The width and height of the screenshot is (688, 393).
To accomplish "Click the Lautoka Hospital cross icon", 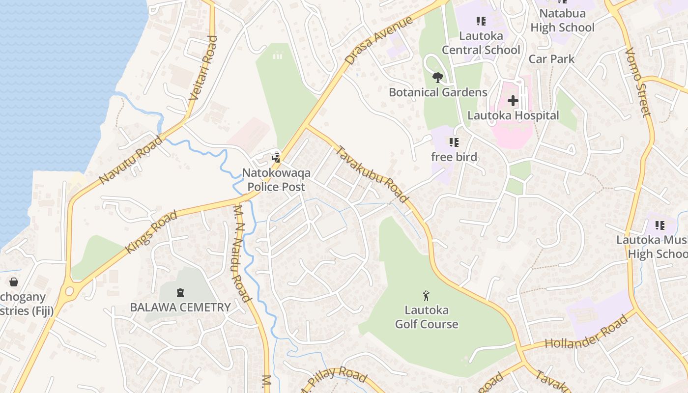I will pyautogui.click(x=513, y=101).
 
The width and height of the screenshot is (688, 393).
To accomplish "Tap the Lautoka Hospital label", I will pyautogui.click(x=513, y=115).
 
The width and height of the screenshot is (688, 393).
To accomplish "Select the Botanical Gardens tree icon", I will pyautogui.click(x=437, y=78).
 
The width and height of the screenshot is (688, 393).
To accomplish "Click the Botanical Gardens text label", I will pyautogui.click(x=438, y=92).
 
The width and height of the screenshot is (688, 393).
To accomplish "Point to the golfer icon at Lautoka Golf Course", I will pyautogui.click(x=426, y=296).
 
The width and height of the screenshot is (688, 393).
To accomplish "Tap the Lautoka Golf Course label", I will pyautogui.click(x=427, y=317).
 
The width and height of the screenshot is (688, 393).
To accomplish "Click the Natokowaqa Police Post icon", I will pyautogui.click(x=277, y=158).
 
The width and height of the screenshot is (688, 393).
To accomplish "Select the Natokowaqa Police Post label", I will pyautogui.click(x=276, y=180).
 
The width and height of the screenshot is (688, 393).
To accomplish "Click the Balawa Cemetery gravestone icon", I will pyautogui.click(x=180, y=293).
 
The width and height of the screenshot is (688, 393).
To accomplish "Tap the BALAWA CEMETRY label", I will pyautogui.click(x=180, y=308).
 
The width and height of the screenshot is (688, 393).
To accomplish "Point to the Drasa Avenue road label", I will pyautogui.click(x=378, y=41).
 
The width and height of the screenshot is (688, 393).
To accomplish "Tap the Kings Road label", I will pyautogui.click(x=151, y=232).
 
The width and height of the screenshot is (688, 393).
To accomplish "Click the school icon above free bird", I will pyautogui.click(x=454, y=142).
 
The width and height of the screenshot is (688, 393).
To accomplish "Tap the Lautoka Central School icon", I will pyautogui.click(x=481, y=21).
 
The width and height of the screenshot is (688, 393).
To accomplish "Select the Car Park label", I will pyautogui.click(x=551, y=59).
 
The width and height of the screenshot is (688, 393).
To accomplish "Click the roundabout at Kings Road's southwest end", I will pyautogui.click(x=69, y=291).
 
